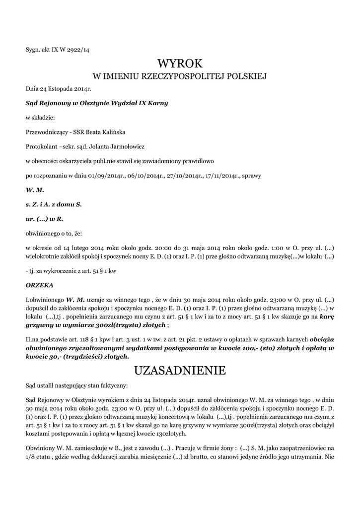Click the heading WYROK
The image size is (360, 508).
tap(180, 63)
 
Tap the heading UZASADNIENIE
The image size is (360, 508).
tap(180, 370)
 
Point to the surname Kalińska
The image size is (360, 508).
tap(113, 132)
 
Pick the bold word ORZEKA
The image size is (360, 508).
tap(39, 286)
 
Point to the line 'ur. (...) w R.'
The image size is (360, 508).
tap(44, 218)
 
